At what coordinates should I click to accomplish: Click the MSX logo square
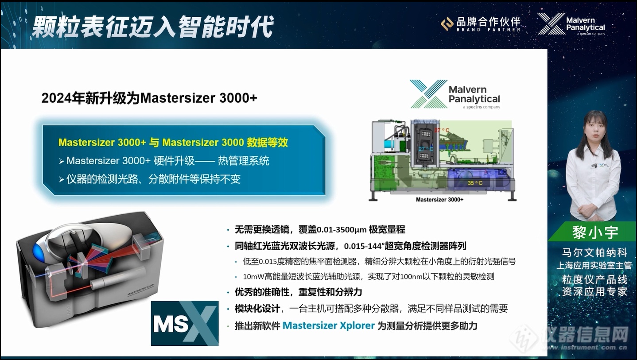tap(185, 323)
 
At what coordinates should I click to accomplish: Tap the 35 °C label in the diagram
tap(475, 183)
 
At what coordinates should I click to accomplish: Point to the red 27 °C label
tap(442, 130)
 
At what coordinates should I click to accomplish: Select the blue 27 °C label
tap(426, 149)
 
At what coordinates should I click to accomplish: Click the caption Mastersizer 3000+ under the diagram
tap(439, 200)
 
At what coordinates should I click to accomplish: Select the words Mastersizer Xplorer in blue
tap(328, 325)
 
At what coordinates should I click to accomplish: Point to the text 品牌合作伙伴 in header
tap(488, 21)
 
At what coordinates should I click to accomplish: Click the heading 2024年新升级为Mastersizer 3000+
tap(149, 98)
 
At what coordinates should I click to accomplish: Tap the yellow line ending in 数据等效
tap(173, 142)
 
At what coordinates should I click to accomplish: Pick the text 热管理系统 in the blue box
tap(244, 161)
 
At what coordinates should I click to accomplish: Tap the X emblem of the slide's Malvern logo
tap(428, 94)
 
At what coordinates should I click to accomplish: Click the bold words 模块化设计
tap(257, 309)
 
